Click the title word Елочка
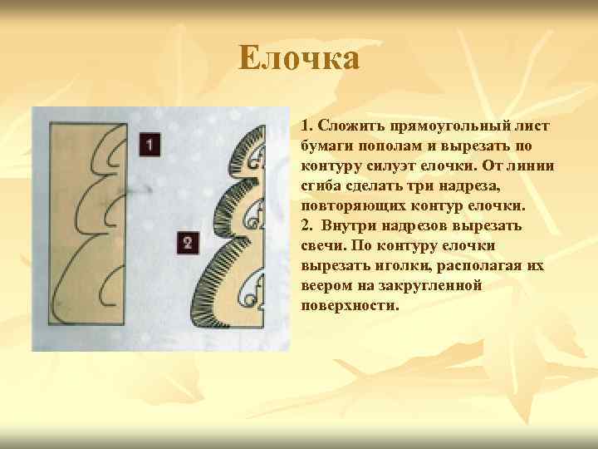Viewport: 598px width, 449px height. (x=299, y=59)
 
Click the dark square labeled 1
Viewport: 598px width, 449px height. (x=149, y=145)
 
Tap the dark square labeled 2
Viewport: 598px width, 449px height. (x=188, y=243)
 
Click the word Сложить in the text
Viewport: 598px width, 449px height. (x=348, y=126)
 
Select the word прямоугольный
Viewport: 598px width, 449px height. (x=449, y=126)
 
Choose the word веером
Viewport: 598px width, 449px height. (x=326, y=286)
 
